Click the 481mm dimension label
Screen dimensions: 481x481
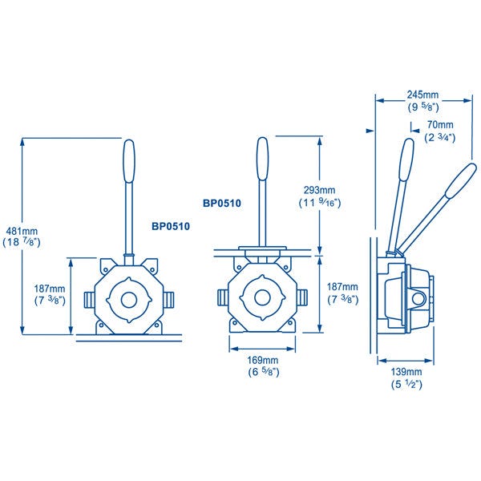[22, 231]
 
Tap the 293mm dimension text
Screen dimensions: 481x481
[319, 190]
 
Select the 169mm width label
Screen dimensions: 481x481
[263, 360]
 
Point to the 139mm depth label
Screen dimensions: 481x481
[406, 372]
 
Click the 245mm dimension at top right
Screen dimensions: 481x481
[422, 95]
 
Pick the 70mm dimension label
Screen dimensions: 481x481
[440, 124]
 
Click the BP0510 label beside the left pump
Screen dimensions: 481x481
[171, 226]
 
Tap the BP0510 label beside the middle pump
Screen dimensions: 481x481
[222, 203]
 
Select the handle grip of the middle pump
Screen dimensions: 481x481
[263, 158]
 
